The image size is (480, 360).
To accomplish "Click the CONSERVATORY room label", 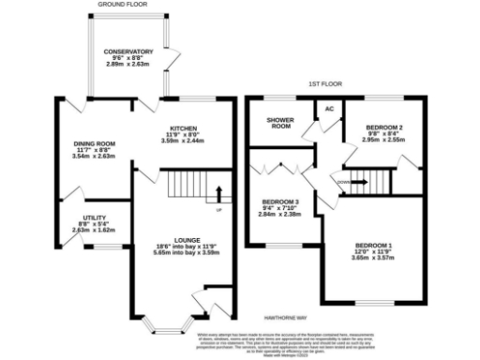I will [x=128, y=52].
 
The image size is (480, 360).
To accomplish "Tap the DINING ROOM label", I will [x=93, y=143].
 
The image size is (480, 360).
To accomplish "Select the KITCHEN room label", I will [x=184, y=128].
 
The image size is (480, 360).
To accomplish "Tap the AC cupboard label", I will [x=329, y=109].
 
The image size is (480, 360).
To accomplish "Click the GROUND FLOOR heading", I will [x=125, y=5].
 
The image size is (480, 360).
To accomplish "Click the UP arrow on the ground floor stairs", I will [x=219, y=197].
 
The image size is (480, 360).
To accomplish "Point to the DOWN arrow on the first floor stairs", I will [x=347, y=181].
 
